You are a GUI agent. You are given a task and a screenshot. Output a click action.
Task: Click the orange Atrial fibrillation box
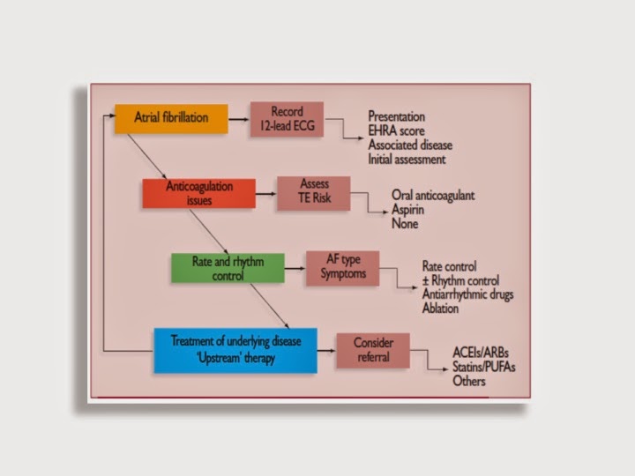[171, 118]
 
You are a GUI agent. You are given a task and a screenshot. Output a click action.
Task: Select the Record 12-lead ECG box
[287, 118]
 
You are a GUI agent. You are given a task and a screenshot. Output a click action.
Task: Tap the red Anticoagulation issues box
[198, 193]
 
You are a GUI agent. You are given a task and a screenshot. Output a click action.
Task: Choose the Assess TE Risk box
[313, 193]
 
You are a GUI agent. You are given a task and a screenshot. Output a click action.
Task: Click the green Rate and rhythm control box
[228, 268]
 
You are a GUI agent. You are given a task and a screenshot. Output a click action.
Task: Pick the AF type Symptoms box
[341, 268]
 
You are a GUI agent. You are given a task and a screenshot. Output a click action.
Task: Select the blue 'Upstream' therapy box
[235, 350]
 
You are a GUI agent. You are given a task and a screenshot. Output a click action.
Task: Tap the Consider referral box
[372, 350]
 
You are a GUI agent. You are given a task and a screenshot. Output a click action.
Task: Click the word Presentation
[397, 116]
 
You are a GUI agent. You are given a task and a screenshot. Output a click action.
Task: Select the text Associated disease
[410, 145]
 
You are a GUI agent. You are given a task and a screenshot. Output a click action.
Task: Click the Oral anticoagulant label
[433, 196]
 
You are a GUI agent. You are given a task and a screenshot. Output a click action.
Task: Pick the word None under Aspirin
[405, 224]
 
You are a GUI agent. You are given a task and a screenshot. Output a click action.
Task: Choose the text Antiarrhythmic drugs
[467, 294]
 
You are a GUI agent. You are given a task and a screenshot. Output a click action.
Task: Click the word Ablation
[444, 309]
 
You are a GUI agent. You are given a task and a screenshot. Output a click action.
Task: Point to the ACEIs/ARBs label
[482, 353]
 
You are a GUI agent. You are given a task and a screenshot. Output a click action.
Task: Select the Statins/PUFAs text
[482, 367]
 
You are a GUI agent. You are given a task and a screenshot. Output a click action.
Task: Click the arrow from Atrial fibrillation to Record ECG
[238, 118]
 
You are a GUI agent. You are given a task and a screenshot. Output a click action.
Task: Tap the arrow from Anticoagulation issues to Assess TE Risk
[265, 193]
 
